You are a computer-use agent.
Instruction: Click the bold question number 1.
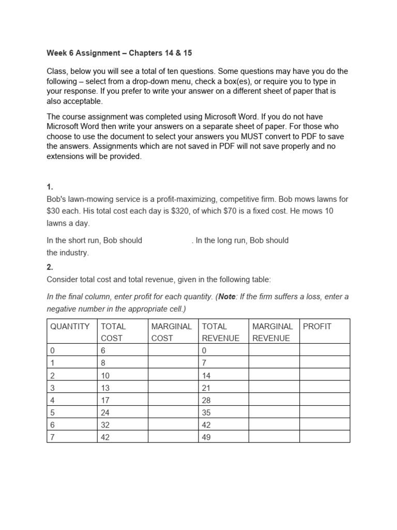pyautogui.click(x=50, y=187)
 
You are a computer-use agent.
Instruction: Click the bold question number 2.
pyautogui.click(x=50, y=267)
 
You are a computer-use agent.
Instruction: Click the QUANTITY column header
pyautogui.click(x=70, y=327)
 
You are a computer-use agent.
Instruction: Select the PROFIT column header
pyautogui.click(x=317, y=327)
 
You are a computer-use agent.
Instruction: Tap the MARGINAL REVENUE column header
pyautogui.click(x=272, y=332)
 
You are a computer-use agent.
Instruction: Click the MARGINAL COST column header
pyautogui.click(x=171, y=332)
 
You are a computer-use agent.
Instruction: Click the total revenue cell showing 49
pyautogui.click(x=207, y=436)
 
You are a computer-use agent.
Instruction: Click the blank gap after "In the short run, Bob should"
pyautogui.click(x=166, y=241)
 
